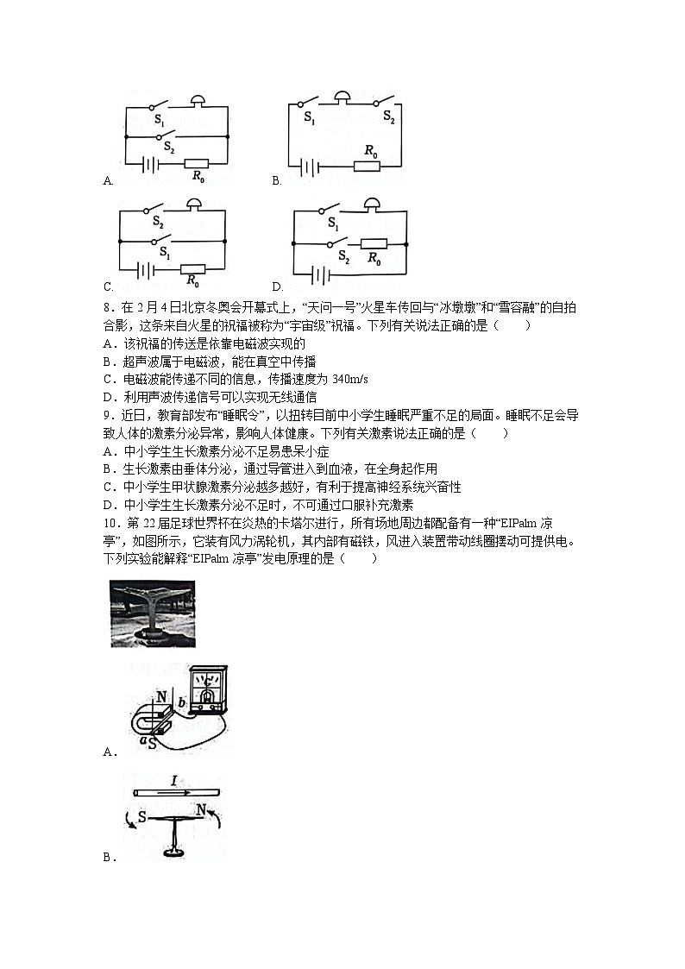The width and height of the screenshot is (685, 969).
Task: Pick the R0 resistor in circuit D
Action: coord(373,244)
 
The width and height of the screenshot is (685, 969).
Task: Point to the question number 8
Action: coord(106,307)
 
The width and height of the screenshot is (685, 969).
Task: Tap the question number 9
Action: coord(106,416)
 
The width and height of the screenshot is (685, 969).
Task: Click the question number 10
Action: coord(110,525)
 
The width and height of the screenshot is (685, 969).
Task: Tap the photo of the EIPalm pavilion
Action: coord(153,613)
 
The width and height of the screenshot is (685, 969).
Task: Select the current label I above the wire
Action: coord(174,781)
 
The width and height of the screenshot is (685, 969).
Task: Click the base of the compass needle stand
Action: coord(177,853)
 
